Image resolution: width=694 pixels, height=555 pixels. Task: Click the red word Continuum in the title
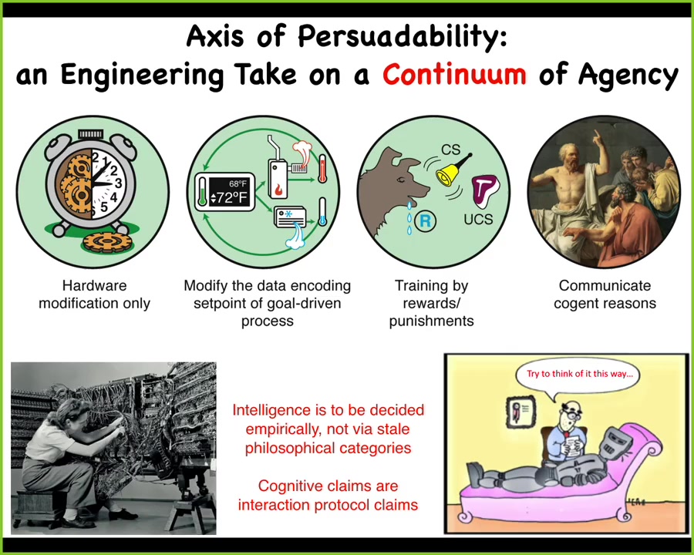[454, 74]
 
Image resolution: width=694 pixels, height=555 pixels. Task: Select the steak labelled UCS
[485, 191]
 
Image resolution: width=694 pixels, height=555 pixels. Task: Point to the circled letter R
[425, 220]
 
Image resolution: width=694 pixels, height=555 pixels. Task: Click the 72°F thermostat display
[225, 192]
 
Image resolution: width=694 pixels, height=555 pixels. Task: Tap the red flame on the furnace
[279, 190]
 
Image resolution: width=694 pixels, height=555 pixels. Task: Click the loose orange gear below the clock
[107, 241]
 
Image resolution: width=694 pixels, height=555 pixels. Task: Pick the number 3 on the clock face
[118, 183]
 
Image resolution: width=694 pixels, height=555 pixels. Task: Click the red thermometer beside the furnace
[322, 168]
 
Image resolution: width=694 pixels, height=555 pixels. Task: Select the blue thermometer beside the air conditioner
[322, 212]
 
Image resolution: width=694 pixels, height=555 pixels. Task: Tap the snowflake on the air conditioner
[288, 214]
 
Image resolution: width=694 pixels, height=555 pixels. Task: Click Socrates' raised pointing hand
[596, 136]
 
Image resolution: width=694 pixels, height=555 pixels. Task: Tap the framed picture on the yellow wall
[520, 411]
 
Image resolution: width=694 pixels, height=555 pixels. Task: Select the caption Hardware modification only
[94, 294]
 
